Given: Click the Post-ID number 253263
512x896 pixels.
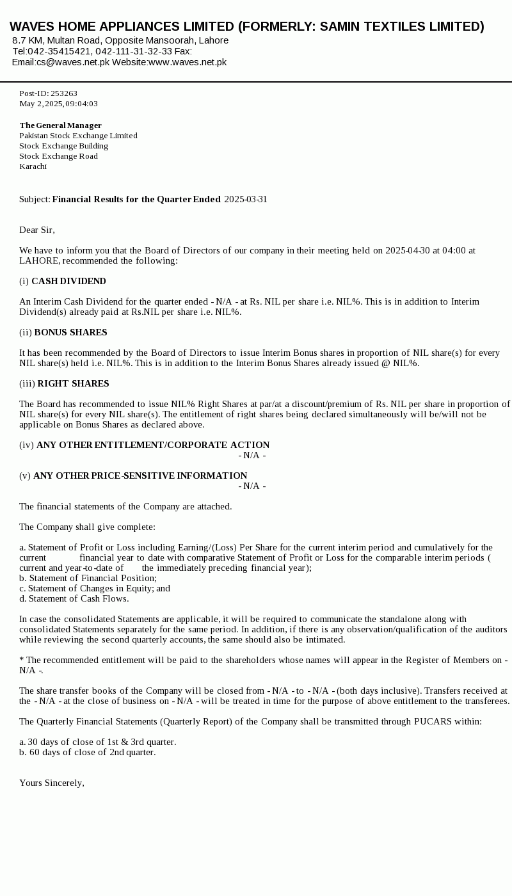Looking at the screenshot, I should (64, 93).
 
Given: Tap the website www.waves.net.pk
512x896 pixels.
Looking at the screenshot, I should (188, 62).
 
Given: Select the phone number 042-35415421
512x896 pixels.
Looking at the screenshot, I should (59, 51).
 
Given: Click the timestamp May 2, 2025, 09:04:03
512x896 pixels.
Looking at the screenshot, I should (58, 104).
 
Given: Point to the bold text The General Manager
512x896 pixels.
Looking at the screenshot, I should (60, 125).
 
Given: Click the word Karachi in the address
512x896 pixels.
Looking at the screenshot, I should (33, 166).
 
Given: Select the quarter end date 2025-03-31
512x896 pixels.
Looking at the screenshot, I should (246, 199).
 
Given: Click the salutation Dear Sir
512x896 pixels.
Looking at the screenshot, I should (36, 230).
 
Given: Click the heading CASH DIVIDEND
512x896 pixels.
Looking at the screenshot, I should (68, 281).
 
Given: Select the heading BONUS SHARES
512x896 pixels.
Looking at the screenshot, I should (70, 332).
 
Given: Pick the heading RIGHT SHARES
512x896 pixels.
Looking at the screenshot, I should (73, 383).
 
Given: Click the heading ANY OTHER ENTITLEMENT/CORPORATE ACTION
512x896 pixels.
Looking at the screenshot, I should (153, 445).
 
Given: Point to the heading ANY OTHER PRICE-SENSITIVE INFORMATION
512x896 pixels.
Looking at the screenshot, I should (140, 476).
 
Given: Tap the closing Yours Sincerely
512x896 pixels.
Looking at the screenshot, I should (52, 783).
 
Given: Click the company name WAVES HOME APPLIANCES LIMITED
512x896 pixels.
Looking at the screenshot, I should (122, 26).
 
